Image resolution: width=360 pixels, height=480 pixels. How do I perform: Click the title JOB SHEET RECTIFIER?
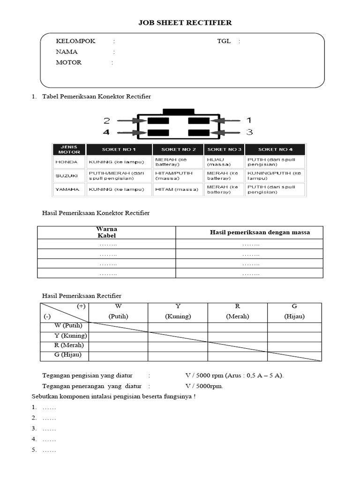pyautogui.click(x=185, y=22)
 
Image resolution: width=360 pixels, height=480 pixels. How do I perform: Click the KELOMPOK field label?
pyautogui.click(x=75, y=41)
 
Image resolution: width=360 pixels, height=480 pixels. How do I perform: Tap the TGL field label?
pyautogui.click(x=224, y=41)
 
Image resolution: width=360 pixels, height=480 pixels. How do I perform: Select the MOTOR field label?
pyautogui.click(x=68, y=62)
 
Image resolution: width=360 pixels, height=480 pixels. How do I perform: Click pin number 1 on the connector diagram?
pyautogui.click(x=249, y=120)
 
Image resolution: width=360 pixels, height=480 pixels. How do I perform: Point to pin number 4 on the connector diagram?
pyautogui.click(x=106, y=132)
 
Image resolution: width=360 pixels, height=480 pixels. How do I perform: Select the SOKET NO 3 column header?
pyautogui.click(x=224, y=149)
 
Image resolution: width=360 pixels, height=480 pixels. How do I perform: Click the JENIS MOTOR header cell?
pyautogui.click(x=69, y=149)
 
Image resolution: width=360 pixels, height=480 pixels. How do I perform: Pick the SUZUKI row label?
pyautogui.click(x=66, y=175)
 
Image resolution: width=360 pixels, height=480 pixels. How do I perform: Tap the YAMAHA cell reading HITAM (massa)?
pyautogui.click(x=176, y=189)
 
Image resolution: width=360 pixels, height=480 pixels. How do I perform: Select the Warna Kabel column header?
pyautogui.click(x=106, y=232)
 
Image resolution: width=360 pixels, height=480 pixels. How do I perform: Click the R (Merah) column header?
pyautogui.click(x=237, y=311)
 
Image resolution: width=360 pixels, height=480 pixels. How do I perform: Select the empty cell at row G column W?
pyautogui.click(x=118, y=355)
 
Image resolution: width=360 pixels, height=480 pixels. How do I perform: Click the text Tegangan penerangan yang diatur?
pyautogui.click(x=92, y=386)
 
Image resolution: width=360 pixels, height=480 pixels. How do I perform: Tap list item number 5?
pyautogui.click(x=44, y=450)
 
